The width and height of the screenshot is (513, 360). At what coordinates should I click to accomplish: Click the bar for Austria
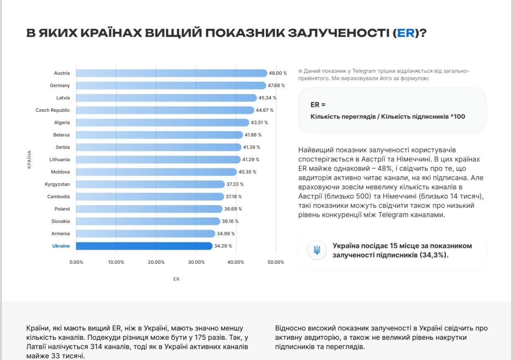(171, 73)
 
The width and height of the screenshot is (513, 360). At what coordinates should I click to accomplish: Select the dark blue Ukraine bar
(144, 246)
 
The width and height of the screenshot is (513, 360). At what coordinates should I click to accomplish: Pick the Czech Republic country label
(52, 110)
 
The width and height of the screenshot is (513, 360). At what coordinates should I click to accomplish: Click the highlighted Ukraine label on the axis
(61, 246)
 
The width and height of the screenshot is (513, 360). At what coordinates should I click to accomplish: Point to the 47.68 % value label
(276, 85)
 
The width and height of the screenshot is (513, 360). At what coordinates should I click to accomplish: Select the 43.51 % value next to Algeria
(259, 123)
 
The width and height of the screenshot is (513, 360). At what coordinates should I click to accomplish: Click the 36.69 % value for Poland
(233, 209)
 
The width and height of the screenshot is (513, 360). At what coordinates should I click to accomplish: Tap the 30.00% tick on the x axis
(196, 262)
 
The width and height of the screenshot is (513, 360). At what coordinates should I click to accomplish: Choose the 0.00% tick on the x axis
(76, 262)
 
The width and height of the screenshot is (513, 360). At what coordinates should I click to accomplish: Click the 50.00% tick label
(276, 262)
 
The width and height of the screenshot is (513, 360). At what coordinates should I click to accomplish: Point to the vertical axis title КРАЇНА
(29, 159)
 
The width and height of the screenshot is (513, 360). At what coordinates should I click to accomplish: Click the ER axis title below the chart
(176, 279)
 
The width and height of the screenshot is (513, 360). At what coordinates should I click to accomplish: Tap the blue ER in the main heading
(406, 33)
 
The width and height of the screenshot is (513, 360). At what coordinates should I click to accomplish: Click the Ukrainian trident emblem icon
(317, 250)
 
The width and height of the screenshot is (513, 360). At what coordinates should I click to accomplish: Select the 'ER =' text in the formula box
(318, 105)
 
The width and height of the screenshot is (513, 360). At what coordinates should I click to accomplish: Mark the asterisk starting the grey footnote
(300, 71)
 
